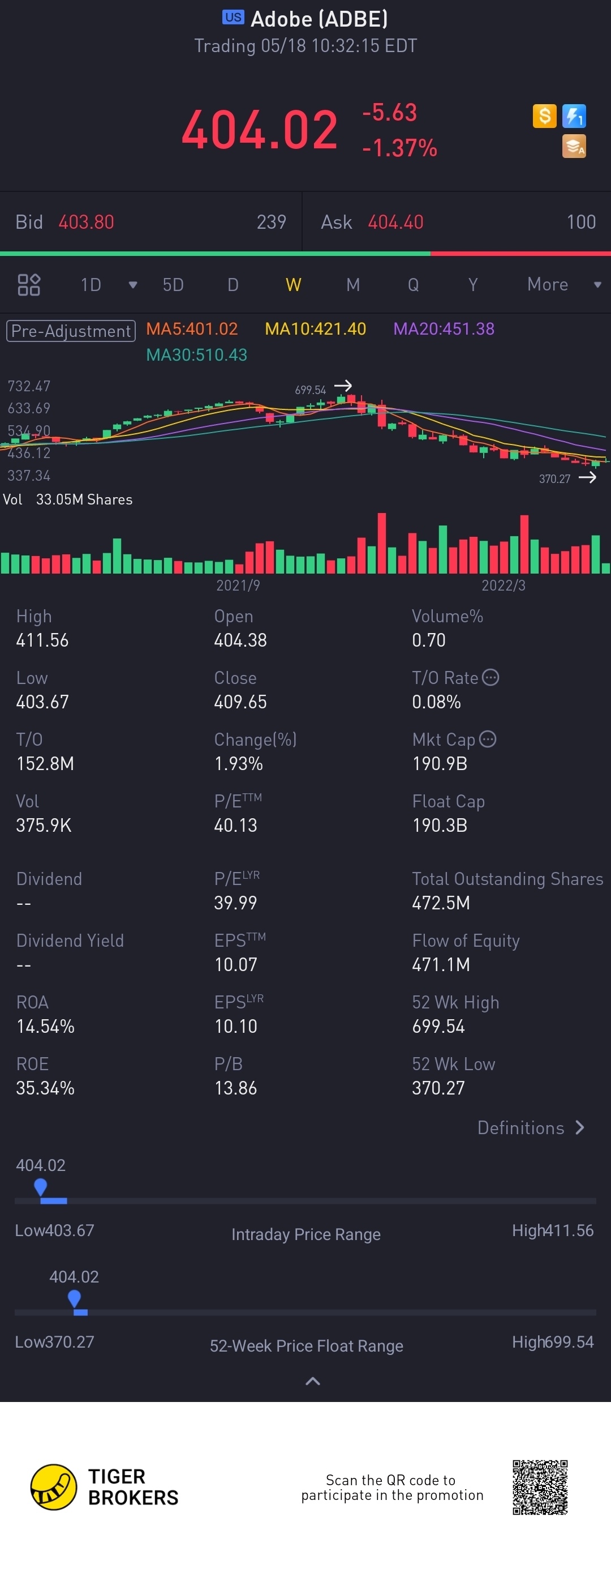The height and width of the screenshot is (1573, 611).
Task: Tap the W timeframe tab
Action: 293,285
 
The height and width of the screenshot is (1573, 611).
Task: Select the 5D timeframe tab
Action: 173,285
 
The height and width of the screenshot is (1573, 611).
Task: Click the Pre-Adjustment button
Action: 71,331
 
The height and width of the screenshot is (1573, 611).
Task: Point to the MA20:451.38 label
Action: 444,329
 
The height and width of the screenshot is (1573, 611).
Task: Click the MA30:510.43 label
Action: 196,355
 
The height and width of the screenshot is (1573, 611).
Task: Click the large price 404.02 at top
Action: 260,130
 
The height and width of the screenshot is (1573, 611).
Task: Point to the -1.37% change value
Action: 400,148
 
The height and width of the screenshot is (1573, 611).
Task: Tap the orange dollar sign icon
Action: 544,116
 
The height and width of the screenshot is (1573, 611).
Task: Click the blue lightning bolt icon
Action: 574,116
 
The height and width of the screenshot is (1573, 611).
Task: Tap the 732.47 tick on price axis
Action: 29,386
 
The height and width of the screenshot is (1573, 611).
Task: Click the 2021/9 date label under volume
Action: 238,585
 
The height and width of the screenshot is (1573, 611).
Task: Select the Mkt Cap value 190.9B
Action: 440,763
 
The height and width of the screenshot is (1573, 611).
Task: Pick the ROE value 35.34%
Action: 45,1088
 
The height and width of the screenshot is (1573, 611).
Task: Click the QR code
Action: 540,1487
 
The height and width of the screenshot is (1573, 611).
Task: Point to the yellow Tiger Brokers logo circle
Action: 54,1487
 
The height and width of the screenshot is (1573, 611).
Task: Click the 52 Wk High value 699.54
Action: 438,1026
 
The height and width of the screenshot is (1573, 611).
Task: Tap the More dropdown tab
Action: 548,285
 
